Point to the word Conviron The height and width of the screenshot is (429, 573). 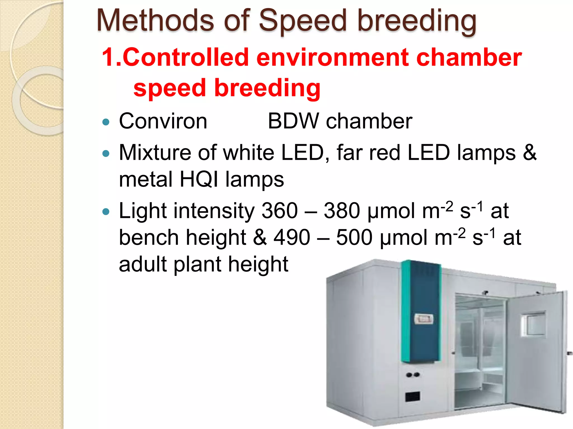coord(163,121)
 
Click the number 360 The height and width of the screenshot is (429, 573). coord(280,211)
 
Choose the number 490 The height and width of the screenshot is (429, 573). coord(292,238)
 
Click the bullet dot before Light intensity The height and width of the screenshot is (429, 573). coord(106,212)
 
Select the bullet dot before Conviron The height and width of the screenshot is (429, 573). coord(106,122)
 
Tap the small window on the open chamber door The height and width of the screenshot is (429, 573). coord(533,324)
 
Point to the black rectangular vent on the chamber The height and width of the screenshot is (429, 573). coord(413,396)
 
